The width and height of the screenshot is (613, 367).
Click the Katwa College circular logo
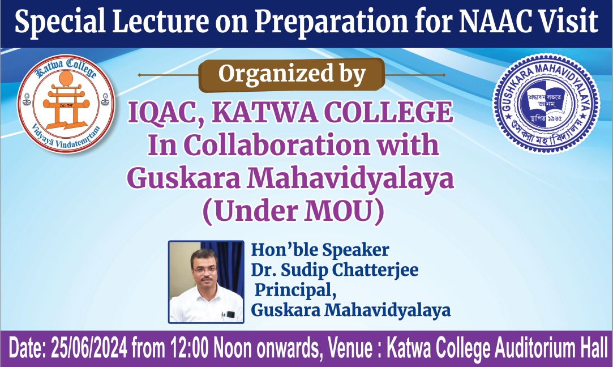click(x=66, y=103)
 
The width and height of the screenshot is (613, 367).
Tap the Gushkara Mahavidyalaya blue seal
click(x=546, y=103)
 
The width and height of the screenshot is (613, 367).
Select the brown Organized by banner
click(x=292, y=75)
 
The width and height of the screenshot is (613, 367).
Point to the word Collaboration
click(x=277, y=145)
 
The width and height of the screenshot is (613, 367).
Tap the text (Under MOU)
click(x=293, y=212)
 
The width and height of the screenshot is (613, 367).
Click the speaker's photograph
click(x=206, y=281)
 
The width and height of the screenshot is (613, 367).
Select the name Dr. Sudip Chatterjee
click(x=335, y=270)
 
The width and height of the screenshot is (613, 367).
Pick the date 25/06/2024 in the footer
click(x=89, y=348)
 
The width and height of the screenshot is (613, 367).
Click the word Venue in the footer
click(x=350, y=348)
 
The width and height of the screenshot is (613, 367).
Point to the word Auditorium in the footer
click(x=535, y=348)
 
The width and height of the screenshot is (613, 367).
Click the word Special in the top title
click(x=60, y=22)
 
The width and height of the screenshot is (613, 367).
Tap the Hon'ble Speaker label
click(x=320, y=250)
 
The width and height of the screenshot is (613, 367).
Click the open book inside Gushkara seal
click(x=546, y=101)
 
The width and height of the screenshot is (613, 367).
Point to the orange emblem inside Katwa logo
click(x=66, y=101)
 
